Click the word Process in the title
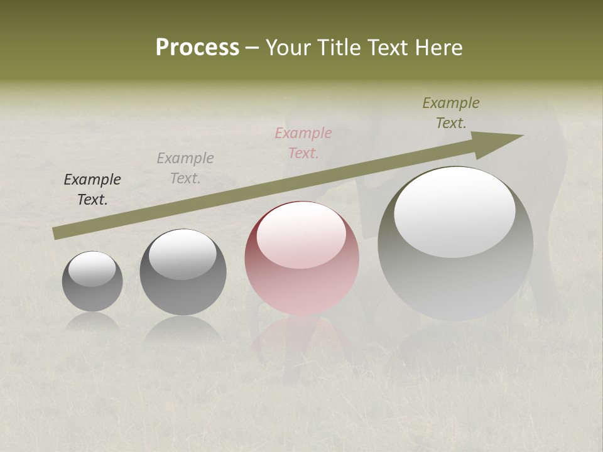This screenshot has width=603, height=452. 197,48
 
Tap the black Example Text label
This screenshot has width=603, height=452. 92,190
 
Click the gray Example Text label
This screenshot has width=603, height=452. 185,168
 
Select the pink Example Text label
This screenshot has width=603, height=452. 303,143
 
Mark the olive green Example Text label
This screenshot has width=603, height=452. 451,113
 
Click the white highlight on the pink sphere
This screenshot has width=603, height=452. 301,235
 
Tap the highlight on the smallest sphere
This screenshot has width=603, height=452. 92,269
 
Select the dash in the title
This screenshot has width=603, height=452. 253,48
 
